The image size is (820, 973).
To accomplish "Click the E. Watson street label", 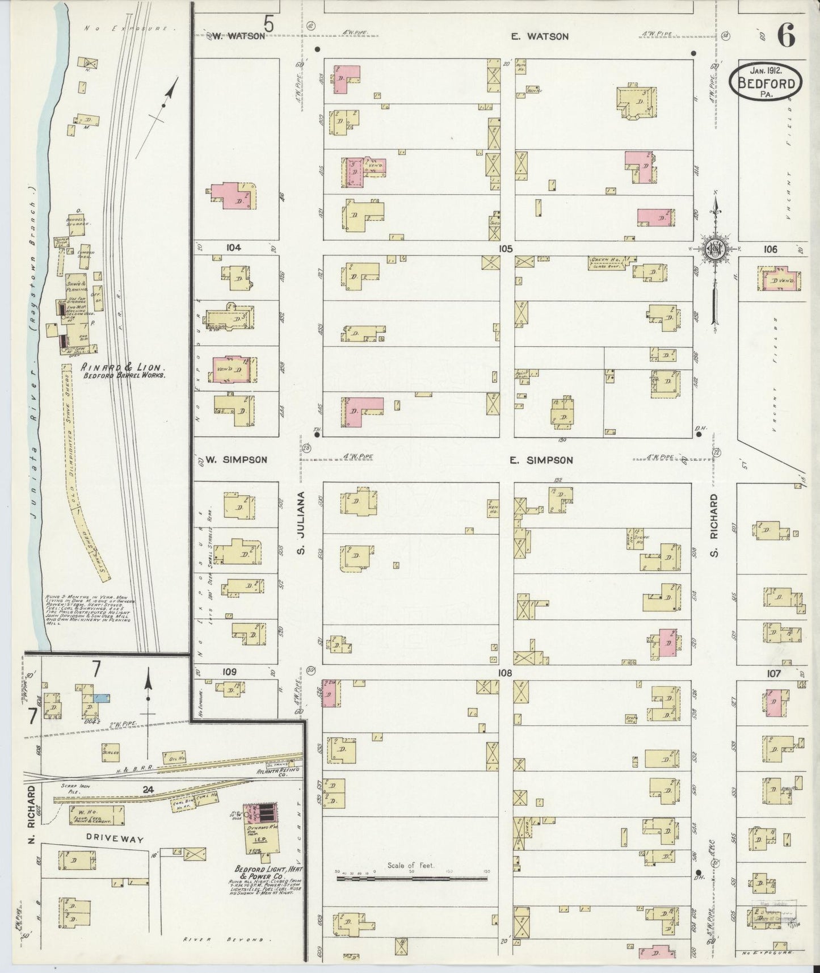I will pos(539,36).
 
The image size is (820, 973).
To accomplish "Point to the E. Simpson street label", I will pos(541,460).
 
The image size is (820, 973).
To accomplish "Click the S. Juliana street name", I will pos(302,523).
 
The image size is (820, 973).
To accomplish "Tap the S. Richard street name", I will pos(714,525).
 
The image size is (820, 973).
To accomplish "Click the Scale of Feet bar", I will pos(411,878).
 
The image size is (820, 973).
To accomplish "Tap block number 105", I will pos(505,248).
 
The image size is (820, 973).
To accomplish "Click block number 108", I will pos(505,673).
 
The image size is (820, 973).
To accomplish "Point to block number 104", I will pos(233,248).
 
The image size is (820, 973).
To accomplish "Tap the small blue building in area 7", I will pos(103,698).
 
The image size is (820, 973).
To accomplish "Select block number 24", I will pos(149,789).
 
